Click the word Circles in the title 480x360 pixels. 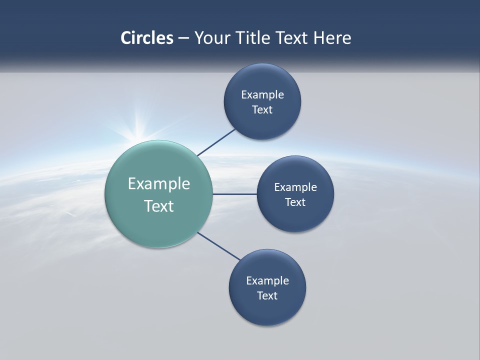tap(146, 38)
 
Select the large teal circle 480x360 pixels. tap(159, 220)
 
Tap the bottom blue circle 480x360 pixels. tap(267, 310)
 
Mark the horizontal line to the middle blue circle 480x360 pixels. tap(234, 194)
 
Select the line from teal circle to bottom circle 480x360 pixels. tap(218, 246)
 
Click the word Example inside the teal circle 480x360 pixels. tap(159, 184)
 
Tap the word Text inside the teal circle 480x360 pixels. tap(159, 206)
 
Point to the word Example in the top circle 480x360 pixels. tap(262, 95)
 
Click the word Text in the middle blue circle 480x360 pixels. tap(295, 202)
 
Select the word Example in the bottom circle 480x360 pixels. tap(267, 281)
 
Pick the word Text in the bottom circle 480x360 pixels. tap(267, 295)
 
